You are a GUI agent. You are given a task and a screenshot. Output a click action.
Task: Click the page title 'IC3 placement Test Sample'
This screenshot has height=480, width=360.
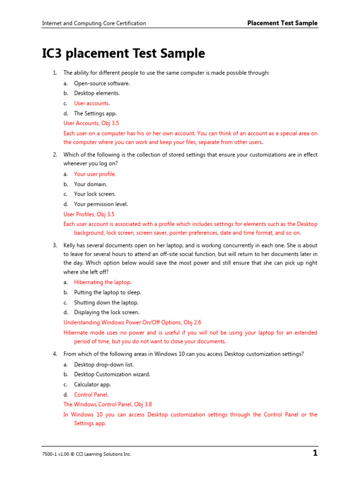pyautogui.click(x=123, y=53)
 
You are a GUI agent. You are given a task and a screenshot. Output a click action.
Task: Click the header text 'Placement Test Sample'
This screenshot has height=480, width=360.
pyautogui.click(x=282, y=23)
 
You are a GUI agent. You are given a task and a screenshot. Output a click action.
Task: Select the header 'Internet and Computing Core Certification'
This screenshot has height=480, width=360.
pyautogui.click(x=94, y=23)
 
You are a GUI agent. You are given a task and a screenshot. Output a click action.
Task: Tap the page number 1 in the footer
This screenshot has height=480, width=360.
pyautogui.click(x=315, y=453)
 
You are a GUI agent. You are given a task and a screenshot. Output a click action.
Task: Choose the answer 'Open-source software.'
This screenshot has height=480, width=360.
pyautogui.click(x=102, y=83)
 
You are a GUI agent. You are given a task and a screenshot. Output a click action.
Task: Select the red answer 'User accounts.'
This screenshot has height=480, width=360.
pyautogui.click(x=92, y=103)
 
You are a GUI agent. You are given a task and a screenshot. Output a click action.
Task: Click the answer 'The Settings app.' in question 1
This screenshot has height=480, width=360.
pyautogui.click(x=95, y=113)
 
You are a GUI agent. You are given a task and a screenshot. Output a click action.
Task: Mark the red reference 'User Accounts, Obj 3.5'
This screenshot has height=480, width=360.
pyautogui.click(x=91, y=123)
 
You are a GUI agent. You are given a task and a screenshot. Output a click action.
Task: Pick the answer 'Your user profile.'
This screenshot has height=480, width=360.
pyautogui.click(x=95, y=174)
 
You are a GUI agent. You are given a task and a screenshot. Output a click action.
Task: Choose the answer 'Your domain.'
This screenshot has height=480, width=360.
pyautogui.click(x=90, y=184)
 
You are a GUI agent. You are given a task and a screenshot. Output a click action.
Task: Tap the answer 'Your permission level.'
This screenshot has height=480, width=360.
pyautogui.click(x=101, y=204)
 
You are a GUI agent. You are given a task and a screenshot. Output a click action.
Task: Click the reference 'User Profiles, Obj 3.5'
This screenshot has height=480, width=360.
pyautogui.click(x=89, y=214)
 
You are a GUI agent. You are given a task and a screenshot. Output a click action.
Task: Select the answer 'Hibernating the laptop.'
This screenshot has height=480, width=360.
pyautogui.click(x=103, y=282)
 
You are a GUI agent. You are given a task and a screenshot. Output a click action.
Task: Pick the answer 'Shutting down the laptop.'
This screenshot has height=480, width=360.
pyautogui.click(x=106, y=302)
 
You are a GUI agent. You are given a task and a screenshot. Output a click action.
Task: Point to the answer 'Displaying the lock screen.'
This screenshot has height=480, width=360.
pyautogui.click(x=106, y=312)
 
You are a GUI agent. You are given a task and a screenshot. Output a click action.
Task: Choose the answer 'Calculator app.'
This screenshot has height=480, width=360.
pyautogui.click(x=92, y=384)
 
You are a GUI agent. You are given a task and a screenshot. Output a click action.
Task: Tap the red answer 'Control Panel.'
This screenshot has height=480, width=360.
pyautogui.click(x=91, y=395)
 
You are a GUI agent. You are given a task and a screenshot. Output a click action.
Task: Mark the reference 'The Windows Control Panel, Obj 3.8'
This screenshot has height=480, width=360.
pyautogui.click(x=107, y=404)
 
